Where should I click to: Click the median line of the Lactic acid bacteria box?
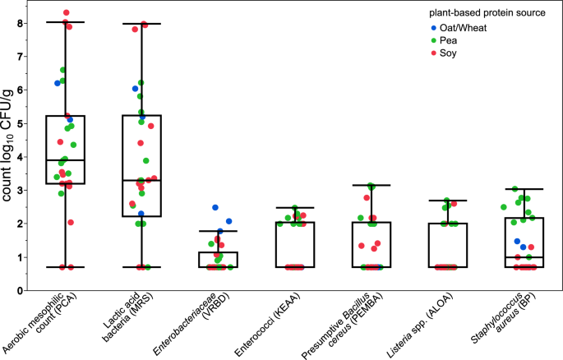point(141,180)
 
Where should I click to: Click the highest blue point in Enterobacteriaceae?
point(215,207)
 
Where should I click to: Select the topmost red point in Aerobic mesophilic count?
point(67,13)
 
